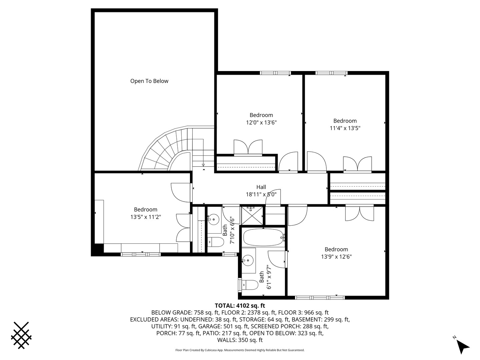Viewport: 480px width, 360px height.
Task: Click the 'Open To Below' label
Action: [149, 81]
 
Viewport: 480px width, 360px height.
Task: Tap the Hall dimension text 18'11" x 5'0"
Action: [261, 194]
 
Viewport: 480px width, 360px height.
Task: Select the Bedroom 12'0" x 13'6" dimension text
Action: [261, 122]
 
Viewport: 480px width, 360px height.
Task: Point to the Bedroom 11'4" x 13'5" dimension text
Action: [345, 128]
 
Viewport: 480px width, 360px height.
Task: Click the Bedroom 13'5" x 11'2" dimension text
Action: [146, 217]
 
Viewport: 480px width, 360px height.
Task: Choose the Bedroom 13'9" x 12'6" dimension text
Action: [336, 256]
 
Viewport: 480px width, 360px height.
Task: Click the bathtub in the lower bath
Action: [263, 237]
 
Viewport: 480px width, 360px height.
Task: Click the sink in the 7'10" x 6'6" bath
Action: [213, 220]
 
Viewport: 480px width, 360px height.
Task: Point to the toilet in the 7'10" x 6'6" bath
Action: [216, 242]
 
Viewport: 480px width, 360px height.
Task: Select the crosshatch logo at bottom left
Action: [21, 335]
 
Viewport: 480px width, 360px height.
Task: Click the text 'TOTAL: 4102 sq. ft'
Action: [240, 305]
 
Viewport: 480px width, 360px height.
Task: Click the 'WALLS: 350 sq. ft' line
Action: [240, 340]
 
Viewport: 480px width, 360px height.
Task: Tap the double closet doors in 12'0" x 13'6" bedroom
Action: [248, 148]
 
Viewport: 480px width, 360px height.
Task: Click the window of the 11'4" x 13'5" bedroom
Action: [331, 73]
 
